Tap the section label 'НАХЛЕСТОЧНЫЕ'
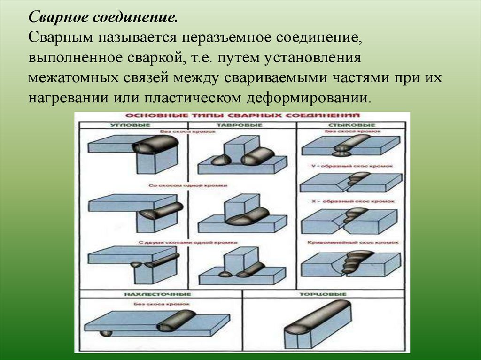click(x=157, y=294)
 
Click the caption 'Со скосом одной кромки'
click(x=188, y=186)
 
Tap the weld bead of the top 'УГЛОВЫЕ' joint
click(x=155, y=143)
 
